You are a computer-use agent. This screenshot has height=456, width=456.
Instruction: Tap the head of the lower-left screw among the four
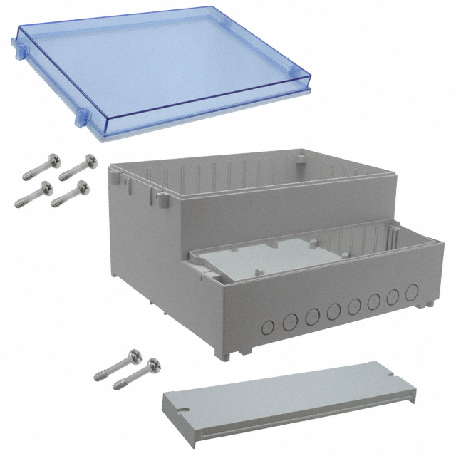click(46, 187)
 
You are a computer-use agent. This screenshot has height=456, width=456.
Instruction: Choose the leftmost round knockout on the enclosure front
click(268, 328)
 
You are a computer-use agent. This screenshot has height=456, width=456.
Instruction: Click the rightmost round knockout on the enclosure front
click(412, 293)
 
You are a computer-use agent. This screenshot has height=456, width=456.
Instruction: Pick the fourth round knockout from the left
click(333, 311)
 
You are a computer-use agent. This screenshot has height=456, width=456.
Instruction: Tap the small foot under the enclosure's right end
click(428, 304)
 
